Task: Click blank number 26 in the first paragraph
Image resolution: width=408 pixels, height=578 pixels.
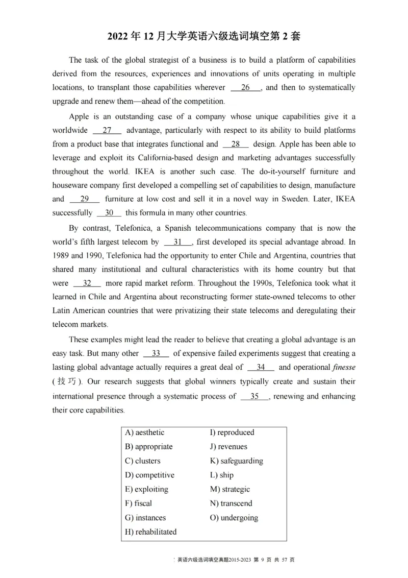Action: pos(246,87)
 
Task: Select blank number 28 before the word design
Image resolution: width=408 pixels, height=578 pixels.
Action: pos(236,144)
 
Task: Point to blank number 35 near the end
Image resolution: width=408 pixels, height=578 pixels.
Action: pos(254,396)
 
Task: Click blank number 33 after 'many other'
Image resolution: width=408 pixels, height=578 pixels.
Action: pos(156,353)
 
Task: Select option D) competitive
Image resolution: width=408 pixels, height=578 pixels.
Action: pos(149,475)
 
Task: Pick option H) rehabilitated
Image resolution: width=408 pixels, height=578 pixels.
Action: pos(151,532)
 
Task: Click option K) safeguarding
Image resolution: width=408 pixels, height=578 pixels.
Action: pos(237,461)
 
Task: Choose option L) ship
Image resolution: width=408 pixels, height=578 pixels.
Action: pos(222,475)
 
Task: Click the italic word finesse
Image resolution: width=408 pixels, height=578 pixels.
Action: pos(344,367)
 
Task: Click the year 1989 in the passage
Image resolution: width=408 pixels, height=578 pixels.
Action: pos(61,256)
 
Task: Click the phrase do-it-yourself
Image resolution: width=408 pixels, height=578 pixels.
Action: pos(295,172)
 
